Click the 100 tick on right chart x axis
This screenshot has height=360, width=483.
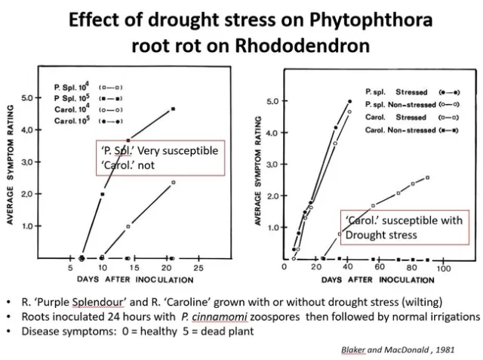pos(444,269)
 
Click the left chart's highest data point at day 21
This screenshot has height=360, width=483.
pos(173,109)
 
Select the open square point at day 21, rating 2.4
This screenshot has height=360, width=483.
pos(173,182)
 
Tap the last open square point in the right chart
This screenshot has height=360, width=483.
pos(428,177)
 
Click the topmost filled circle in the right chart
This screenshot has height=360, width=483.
pos(349,101)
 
